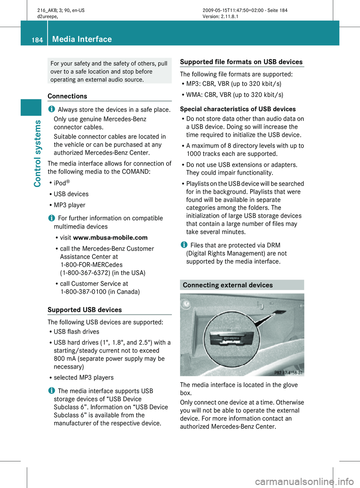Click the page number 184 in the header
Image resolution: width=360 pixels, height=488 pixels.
pos(37,40)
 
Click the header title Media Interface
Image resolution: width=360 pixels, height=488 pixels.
pos(82,39)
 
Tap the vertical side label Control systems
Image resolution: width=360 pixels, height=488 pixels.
pos(37,153)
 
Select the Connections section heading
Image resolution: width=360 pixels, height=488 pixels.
pos(67,96)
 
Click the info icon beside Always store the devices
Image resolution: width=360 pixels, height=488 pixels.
pos(51,109)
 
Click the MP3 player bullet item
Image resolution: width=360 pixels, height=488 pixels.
pos(69,205)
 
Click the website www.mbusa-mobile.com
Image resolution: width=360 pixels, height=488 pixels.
pos(110,238)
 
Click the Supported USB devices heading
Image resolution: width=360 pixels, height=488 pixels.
pos(85,310)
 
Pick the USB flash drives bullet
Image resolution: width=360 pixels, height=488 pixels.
pos(76,332)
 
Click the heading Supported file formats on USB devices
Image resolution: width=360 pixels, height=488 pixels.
pos(241,62)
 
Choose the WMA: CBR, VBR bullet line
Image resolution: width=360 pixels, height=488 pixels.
pos(234,95)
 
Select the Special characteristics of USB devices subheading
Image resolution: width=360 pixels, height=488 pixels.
pos(238,109)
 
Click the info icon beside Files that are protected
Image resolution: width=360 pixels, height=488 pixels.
pos(184,245)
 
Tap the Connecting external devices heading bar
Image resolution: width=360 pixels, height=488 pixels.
pos(242,285)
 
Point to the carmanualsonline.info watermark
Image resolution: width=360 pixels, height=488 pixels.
pos(304,481)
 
